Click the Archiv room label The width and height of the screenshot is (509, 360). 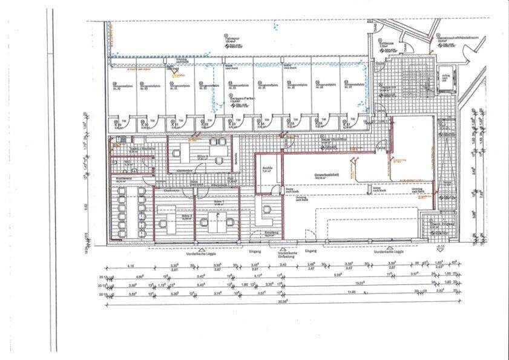pos(266,168)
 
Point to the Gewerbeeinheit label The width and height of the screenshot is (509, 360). pos(326,175)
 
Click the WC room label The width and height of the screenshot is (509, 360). pos(128,162)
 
